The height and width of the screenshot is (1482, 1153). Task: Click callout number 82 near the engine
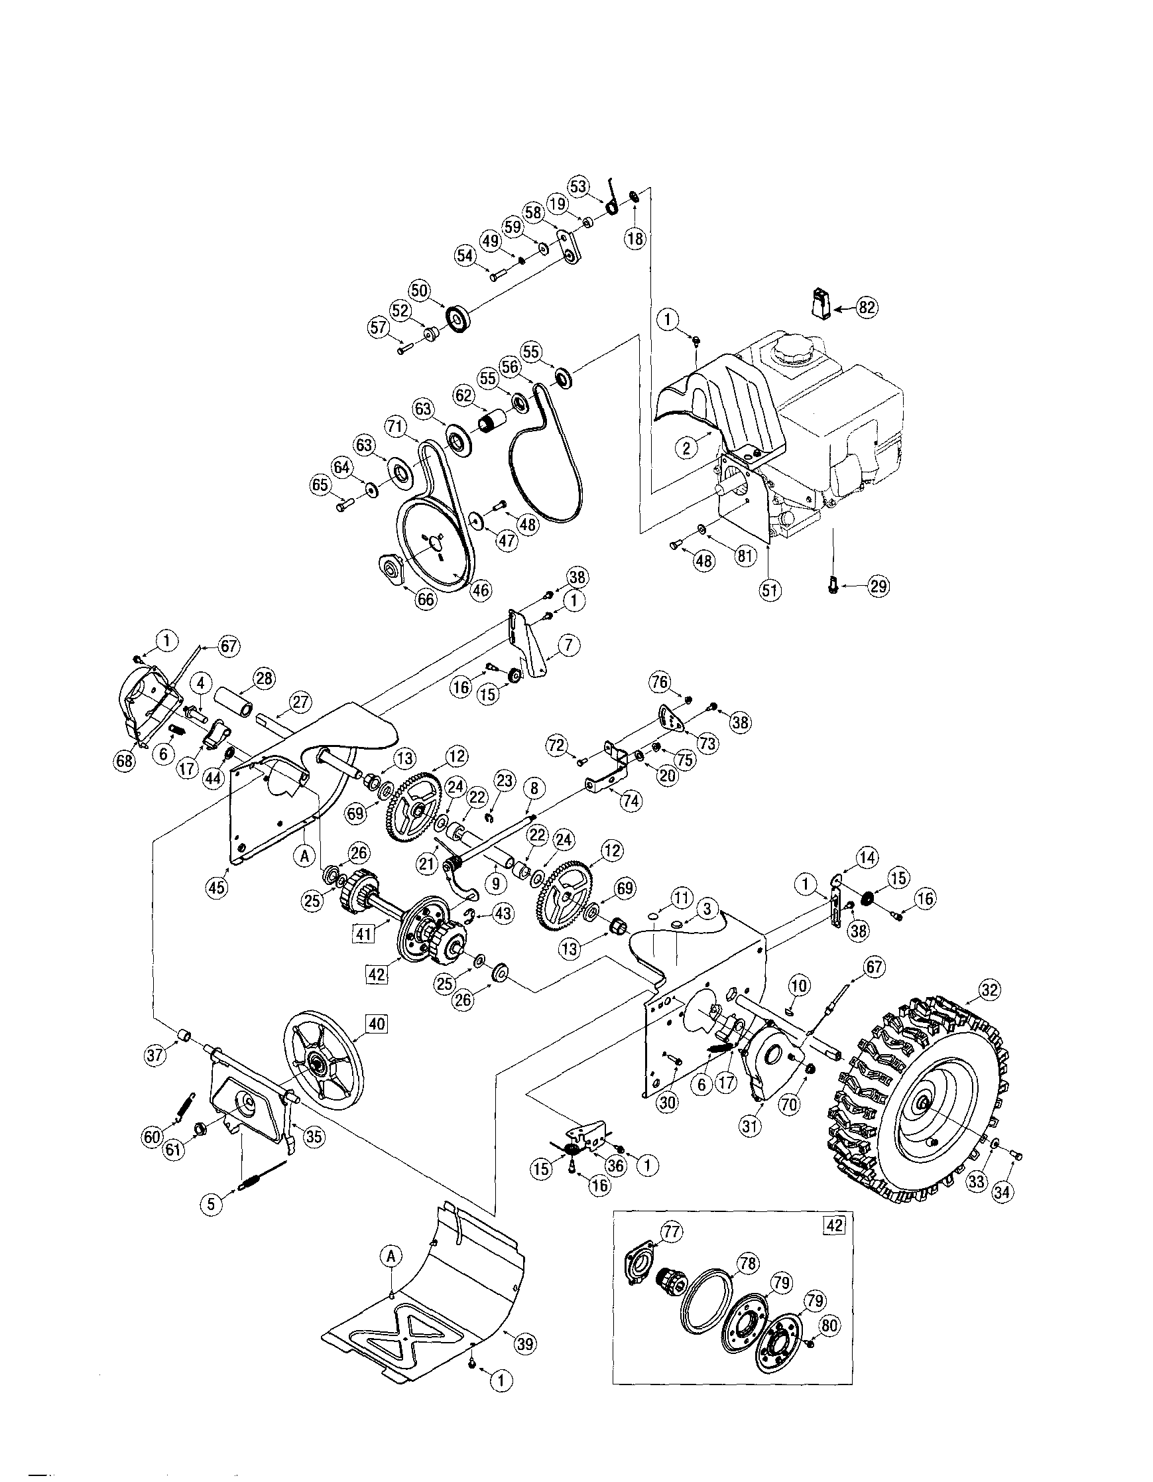[867, 307]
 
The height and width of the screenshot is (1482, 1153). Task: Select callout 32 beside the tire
[990, 990]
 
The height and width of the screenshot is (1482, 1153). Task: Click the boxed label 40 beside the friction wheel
[377, 1023]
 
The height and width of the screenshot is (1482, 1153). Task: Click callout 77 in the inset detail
[673, 1232]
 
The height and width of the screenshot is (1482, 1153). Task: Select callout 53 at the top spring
[578, 187]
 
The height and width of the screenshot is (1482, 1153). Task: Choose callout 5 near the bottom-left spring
[211, 1203]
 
